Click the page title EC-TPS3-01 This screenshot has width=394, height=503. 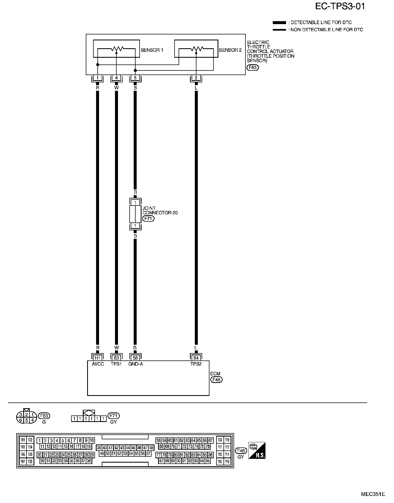pyautogui.click(x=340, y=7)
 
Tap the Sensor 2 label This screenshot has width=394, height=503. pyautogui.click(x=230, y=50)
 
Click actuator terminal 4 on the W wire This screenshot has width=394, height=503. pyautogui.click(x=116, y=78)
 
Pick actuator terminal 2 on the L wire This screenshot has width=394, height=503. pyautogui.click(x=196, y=78)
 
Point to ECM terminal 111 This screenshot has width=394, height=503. pyautogui.click(x=98, y=358)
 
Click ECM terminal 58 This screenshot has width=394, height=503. pyautogui.click(x=135, y=358)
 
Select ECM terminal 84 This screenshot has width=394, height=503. pyautogui.click(x=196, y=358)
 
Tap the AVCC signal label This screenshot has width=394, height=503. pyautogui.click(x=98, y=364)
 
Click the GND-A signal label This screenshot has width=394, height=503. pyautogui.click(x=135, y=364)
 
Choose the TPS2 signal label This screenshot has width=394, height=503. pyautogui.click(x=196, y=364)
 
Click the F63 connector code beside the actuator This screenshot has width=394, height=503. pyautogui.click(x=252, y=67)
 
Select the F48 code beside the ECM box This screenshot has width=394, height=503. pyautogui.click(x=216, y=380)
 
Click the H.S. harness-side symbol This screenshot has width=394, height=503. pyautogui.click(x=257, y=450)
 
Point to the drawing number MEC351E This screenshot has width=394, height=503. pyautogui.click(x=373, y=494)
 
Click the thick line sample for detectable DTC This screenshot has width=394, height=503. pyautogui.click(x=279, y=22)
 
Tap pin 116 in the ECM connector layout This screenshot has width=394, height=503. pyautogui.click(x=227, y=462)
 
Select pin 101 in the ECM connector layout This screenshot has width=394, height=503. pyautogui.click(x=23, y=440)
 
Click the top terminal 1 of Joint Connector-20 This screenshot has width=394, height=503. pyautogui.click(x=135, y=202)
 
